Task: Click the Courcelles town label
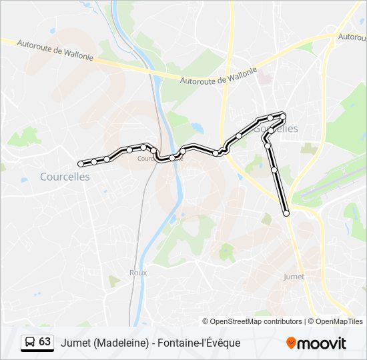click(65, 177)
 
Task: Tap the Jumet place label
click(294, 276)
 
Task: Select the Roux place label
click(137, 272)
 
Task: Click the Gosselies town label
click(276, 129)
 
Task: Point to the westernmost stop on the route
click(81, 163)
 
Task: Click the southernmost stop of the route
click(287, 213)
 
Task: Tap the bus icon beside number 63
click(29, 342)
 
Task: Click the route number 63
click(45, 342)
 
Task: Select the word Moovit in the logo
click(322, 343)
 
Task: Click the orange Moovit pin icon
click(291, 343)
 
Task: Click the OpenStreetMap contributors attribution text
click(256, 321)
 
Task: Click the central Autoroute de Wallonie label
click(218, 75)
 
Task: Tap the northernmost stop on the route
click(284, 116)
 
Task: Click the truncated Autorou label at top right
click(352, 37)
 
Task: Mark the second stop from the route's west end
click(94, 161)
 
